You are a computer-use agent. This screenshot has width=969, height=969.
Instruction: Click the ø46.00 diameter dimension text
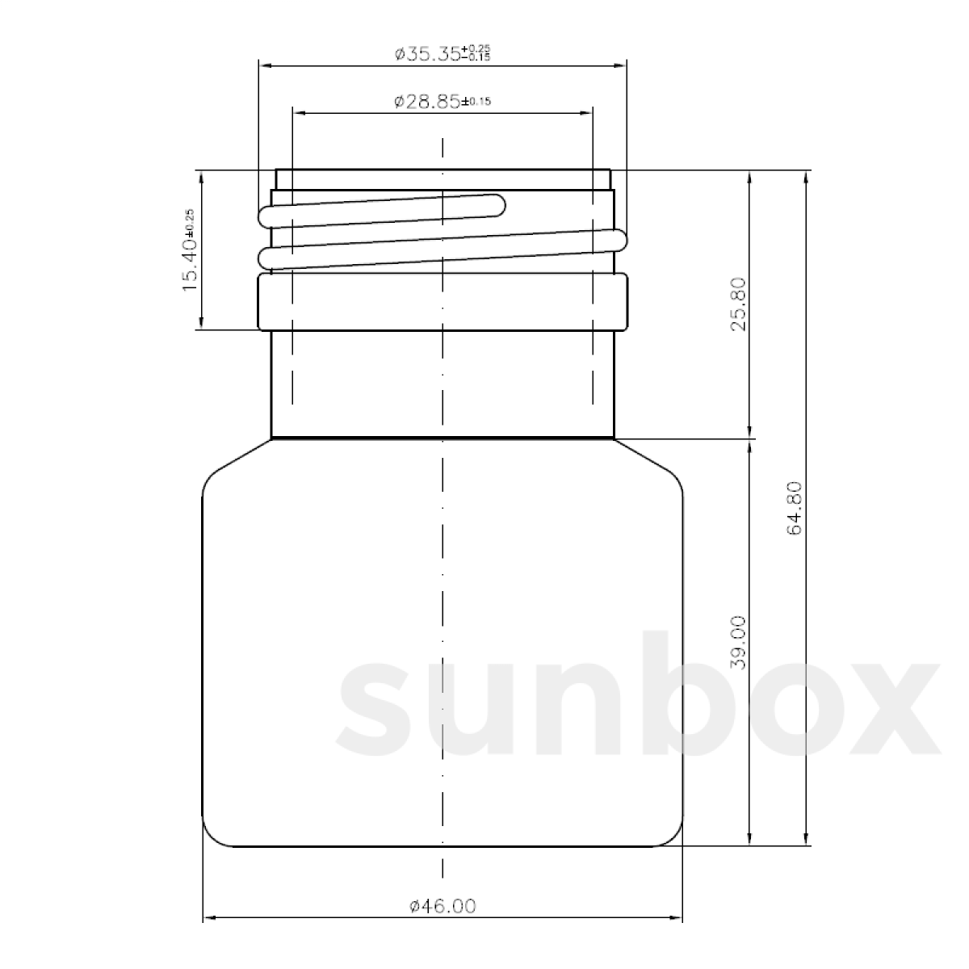coord(443,906)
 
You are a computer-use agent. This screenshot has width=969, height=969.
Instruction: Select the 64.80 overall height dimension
coord(794,508)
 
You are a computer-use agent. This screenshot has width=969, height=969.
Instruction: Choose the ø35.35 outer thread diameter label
coord(443,54)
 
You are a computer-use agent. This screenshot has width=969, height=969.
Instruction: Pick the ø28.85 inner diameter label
coord(443,102)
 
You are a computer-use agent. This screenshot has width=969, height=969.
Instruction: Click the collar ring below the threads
coord(443,302)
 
